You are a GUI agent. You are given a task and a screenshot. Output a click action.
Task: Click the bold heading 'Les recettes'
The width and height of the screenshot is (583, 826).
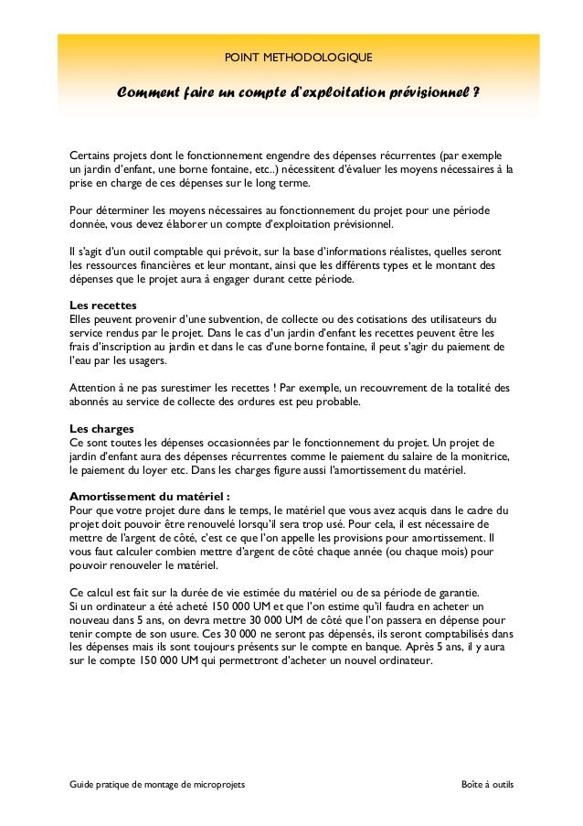103,305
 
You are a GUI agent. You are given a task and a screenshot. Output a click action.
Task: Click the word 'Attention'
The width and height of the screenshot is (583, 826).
93,387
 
